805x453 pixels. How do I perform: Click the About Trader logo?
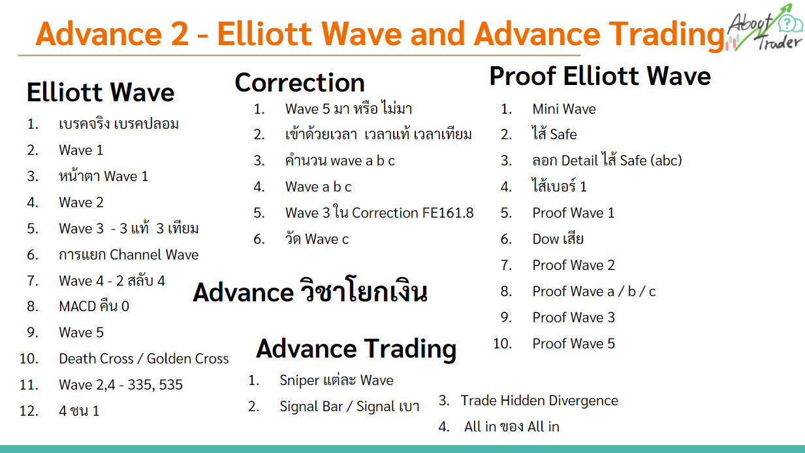(x=765, y=27)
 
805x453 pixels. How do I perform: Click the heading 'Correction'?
(x=300, y=82)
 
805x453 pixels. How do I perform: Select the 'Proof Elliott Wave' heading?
(x=600, y=76)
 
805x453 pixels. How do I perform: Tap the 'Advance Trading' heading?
(x=356, y=349)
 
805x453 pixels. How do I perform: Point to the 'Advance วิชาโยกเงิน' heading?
(x=309, y=290)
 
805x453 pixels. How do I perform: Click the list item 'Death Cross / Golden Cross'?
(x=144, y=359)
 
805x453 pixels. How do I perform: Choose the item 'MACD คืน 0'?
(x=94, y=306)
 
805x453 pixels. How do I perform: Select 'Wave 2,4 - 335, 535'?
(x=121, y=385)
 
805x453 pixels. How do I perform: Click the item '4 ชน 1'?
(x=79, y=411)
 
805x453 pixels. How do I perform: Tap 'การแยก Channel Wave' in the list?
(x=129, y=254)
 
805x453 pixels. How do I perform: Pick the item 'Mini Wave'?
(x=564, y=109)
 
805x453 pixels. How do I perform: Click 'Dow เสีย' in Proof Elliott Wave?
(x=558, y=239)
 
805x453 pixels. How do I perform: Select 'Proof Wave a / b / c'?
(x=594, y=292)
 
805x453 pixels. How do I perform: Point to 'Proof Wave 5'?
(x=574, y=344)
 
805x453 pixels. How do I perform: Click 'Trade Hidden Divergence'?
(x=539, y=401)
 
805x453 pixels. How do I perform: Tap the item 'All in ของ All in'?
(x=512, y=427)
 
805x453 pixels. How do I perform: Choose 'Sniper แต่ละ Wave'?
(x=336, y=380)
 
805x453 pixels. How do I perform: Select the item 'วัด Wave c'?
(x=317, y=239)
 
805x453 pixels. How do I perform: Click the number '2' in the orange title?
(x=180, y=34)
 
